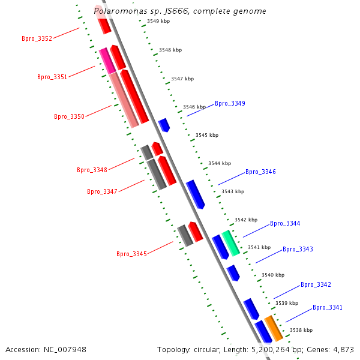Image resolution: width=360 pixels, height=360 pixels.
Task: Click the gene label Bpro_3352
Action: click(37, 38)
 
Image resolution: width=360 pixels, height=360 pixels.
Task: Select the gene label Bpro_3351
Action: click(52, 77)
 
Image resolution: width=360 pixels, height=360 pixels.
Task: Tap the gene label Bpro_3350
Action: click(69, 116)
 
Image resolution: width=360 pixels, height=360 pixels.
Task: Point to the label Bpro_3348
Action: click(92, 170)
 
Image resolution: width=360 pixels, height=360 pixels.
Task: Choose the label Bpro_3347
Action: click(102, 192)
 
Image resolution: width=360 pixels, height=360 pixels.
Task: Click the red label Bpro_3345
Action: click(131, 254)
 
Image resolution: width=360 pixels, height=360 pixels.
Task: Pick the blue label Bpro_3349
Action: click(230, 103)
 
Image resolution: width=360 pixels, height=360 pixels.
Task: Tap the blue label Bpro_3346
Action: click(260, 172)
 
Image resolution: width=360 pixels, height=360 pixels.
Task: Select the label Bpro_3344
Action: click(285, 223)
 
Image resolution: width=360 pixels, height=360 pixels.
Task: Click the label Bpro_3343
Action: click(298, 249)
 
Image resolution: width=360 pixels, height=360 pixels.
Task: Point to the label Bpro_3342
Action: click(316, 284)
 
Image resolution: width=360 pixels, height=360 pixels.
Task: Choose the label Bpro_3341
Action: click(328, 307)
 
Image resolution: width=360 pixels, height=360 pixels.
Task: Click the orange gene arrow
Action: click(274, 328)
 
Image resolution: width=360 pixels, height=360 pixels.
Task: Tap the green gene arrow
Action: click(230, 243)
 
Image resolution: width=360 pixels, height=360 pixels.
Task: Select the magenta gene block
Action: click(107, 61)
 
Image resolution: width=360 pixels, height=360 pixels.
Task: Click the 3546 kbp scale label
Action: click(194, 107)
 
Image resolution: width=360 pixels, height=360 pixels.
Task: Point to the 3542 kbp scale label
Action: click(245, 220)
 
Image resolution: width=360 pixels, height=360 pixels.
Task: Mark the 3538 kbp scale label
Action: click(301, 330)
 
